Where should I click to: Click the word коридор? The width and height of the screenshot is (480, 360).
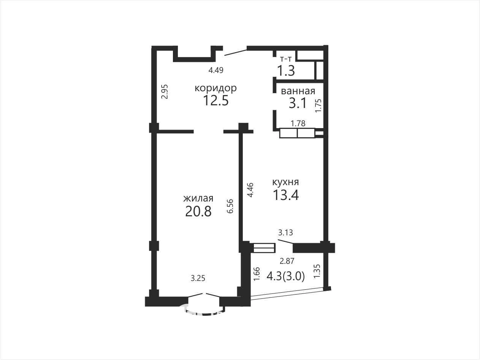(x=215, y=89)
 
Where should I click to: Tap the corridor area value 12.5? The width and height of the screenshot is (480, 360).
(x=216, y=101)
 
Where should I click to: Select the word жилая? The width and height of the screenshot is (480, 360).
(x=198, y=198)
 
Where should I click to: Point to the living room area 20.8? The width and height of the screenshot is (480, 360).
(x=198, y=211)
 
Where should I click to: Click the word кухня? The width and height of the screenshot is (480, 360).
(x=285, y=182)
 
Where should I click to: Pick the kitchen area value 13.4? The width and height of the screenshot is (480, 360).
(x=286, y=195)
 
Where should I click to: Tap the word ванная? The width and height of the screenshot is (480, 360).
(x=298, y=91)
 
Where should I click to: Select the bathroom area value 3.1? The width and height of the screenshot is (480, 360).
(x=298, y=103)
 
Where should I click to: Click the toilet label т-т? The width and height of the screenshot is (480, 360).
(x=286, y=59)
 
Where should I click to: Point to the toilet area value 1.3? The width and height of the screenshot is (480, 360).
(x=286, y=70)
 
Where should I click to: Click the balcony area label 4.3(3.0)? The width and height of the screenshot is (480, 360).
(x=285, y=277)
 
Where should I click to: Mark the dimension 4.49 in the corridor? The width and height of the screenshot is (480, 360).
(x=216, y=70)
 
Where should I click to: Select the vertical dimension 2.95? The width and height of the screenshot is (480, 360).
(x=165, y=92)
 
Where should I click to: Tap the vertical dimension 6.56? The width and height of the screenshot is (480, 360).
(x=230, y=206)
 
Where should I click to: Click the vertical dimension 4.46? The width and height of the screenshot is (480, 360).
(x=250, y=190)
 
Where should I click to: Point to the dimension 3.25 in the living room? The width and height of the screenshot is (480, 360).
(x=198, y=278)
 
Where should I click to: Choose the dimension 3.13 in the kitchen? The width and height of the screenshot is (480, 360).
(x=285, y=233)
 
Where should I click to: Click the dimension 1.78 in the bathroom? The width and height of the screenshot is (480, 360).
(x=298, y=124)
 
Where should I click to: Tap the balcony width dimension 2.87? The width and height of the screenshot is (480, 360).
(x=287, y=261)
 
